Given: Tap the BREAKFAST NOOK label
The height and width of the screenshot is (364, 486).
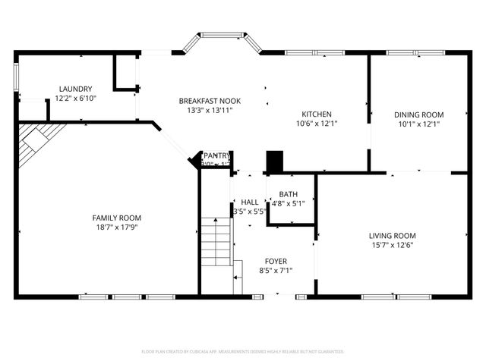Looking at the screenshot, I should click(x=204, y=101).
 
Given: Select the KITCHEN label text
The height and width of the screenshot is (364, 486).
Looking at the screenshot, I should click(x=317, y=114).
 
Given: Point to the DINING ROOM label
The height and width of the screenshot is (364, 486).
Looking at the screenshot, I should click(x=418, y=115).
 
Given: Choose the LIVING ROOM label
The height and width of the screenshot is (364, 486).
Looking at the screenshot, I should click(x=393, y=236).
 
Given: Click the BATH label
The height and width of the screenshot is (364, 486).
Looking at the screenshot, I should click(x=288, y=194).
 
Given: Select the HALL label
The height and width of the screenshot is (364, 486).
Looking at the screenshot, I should click(x=250, y=202).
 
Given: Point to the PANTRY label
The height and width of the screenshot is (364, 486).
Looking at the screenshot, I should click(x=216, y=155).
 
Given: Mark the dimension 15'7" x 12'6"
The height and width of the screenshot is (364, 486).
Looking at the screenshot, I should click(x=393, y=245).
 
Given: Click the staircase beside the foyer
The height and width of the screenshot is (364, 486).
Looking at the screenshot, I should click(x=217, y=243).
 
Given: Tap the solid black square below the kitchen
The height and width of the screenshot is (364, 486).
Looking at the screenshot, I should click(x=274, y=162).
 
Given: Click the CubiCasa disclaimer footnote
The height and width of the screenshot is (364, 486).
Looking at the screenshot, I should click(x=243, y=352).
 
